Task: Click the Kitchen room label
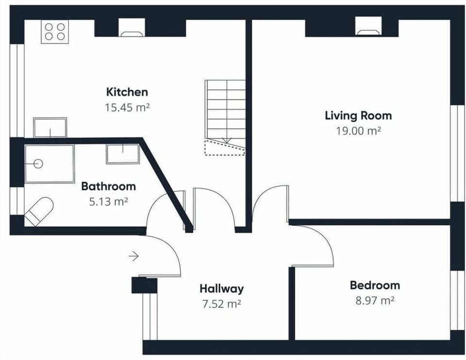click(127, 92)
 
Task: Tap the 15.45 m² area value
click(127, 107)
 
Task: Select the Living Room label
click(358, 115)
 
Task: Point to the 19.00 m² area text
click(358, 131)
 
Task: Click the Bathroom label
click(108, 186)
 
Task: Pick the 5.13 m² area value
click(108, 201)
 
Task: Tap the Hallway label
click(221, 289)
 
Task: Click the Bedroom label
click(375, 285)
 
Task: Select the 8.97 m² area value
click(375, 300)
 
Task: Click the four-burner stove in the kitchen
click(54, 32)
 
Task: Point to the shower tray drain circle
click(38, 164)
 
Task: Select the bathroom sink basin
click(123, 154)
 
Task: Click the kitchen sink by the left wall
click(50, 127)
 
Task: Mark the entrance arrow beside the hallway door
click(134, 256)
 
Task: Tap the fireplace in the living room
click(368, 27)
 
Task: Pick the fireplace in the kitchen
click(132, 28)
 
